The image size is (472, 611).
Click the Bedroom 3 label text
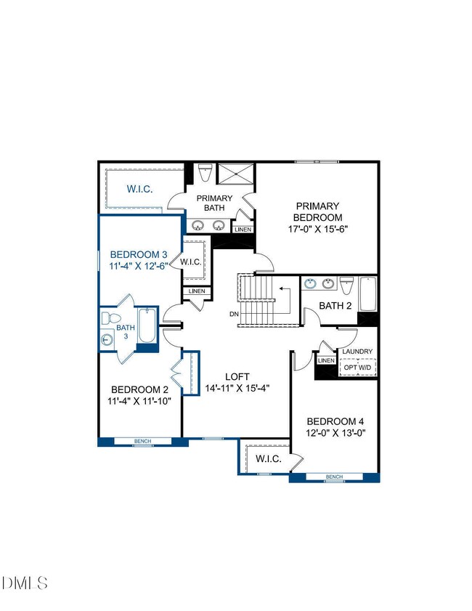139,254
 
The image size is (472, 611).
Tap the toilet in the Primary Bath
205,173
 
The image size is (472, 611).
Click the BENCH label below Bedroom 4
334,477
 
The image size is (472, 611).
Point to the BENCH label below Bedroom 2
142,441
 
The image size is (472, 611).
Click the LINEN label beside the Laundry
326,360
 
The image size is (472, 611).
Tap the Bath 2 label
335,306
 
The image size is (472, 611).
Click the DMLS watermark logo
25,583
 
